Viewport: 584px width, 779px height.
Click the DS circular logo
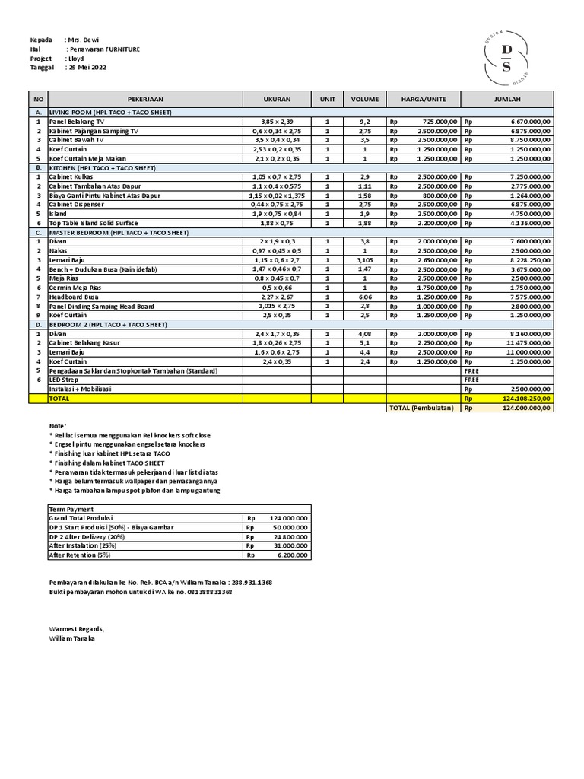point(507,58)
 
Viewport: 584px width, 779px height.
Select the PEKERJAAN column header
point(145,99)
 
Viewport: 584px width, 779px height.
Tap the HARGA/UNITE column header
point(424,99)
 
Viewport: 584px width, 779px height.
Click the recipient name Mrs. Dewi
point(84,40)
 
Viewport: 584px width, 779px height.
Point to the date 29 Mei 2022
point(87,67)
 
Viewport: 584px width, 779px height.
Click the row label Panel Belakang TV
point(77,122)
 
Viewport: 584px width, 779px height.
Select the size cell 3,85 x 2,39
point(277,122)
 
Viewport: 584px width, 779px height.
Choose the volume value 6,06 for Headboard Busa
point(364,297)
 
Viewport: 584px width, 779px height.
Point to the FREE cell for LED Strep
point(471,380)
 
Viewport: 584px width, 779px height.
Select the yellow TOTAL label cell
point(59,398)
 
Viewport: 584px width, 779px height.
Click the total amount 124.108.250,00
point(524,398)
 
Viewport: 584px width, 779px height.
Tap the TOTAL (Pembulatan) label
point(421,408)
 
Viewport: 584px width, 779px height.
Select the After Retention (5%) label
point(79,555)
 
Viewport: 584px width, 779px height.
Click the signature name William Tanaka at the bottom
point(71,638)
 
